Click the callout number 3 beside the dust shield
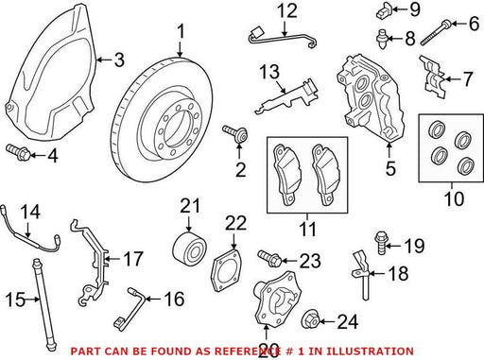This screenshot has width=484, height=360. [x=119, y=60]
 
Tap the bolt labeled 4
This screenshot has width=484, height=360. [x=19, y=152]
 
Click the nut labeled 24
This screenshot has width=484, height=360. [x=311, y=319]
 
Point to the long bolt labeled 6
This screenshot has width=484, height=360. [x=436, y=34]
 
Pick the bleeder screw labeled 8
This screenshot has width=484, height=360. [x=382, y=40]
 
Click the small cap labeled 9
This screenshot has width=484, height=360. [x=384, y=10]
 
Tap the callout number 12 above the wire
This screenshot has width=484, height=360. [x=287, y=10]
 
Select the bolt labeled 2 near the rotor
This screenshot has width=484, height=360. [x=235, y=134]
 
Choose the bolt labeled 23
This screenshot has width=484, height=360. [x=270, y=258]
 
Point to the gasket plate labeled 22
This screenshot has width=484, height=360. [x=226, y=270]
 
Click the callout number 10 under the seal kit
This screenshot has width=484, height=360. [x=454, y=198]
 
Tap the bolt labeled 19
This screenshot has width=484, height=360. [x=381, y=242]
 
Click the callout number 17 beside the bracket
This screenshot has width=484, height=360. [x=133, y=259]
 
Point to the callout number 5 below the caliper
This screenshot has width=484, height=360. [x=390, y=168]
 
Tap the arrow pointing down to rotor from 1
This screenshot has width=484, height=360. [x=180, y=51]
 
